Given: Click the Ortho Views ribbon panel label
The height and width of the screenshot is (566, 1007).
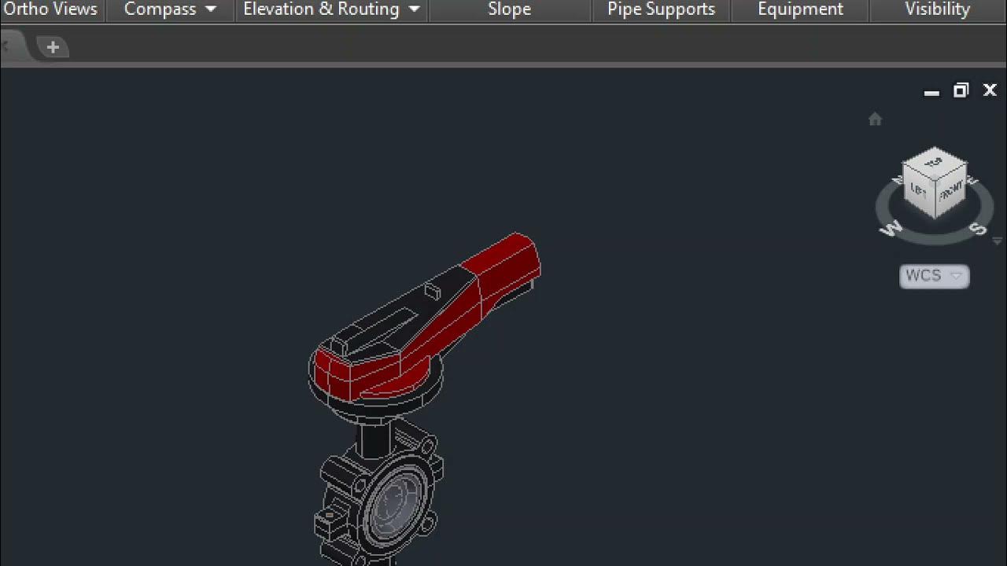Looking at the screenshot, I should point(50,9).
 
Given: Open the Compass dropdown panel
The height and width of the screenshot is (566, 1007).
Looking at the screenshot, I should point(170,9).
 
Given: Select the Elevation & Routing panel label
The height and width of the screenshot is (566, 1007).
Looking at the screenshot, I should point(331,9).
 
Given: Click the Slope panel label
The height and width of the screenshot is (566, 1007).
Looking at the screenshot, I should point(509,9).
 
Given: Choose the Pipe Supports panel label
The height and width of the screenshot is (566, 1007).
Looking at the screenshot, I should point(661,9).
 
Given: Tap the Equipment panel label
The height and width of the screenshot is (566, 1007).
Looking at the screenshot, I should point(800,9).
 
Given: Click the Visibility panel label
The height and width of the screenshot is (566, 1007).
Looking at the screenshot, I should point(937,9).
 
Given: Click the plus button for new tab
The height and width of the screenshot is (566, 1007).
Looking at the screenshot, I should point(53,47).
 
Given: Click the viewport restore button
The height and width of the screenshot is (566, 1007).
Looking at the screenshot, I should point(961,91).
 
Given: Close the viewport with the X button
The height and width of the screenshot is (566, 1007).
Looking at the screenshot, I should point(990,91).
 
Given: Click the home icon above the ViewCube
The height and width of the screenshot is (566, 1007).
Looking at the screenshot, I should point(875,119).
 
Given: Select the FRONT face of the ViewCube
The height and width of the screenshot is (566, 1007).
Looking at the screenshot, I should point(950,191).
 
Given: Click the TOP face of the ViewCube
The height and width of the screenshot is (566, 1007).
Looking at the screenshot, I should point(934,163).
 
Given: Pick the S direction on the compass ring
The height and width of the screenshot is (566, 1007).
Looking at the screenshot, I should point(978,229).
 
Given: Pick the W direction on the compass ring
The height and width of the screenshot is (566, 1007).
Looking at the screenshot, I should point(891,229).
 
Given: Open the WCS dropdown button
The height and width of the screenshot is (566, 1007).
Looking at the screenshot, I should point(934,276).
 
